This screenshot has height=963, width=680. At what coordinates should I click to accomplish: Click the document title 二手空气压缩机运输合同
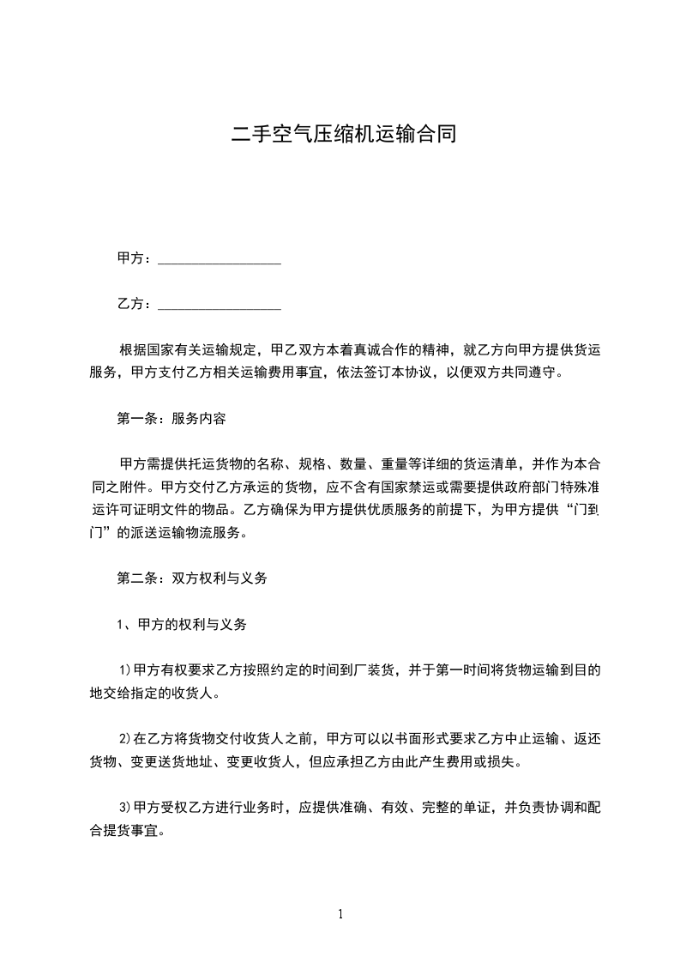click(340, 135)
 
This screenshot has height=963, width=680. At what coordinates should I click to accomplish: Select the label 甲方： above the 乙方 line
click(135, 258)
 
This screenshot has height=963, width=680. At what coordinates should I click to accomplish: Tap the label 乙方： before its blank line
click(135, 305)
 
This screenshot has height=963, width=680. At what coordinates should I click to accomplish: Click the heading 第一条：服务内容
click(172, 420)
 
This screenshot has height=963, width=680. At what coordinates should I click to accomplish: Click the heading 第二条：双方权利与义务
click(192, 578)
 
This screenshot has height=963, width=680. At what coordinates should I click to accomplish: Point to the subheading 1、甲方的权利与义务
click(182, 625)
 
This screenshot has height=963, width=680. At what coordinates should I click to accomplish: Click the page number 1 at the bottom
click(340, 914)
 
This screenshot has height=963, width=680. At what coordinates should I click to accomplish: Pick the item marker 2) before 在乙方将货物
click(124, 738)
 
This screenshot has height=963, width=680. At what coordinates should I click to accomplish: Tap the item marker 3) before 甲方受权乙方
click(124, 809)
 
